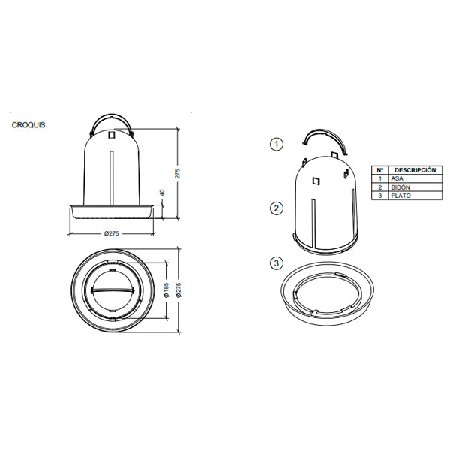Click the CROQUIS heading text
(28, 125)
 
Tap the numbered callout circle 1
(277, 144)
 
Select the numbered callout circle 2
(277, 208)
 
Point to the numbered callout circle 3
(277, 263)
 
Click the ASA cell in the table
(397, 178)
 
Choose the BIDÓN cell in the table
(400, 187)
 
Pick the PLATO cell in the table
(401, 196)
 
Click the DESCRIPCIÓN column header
(415, 170)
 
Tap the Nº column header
(380, 170)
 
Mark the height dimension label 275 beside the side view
(177, 174)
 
